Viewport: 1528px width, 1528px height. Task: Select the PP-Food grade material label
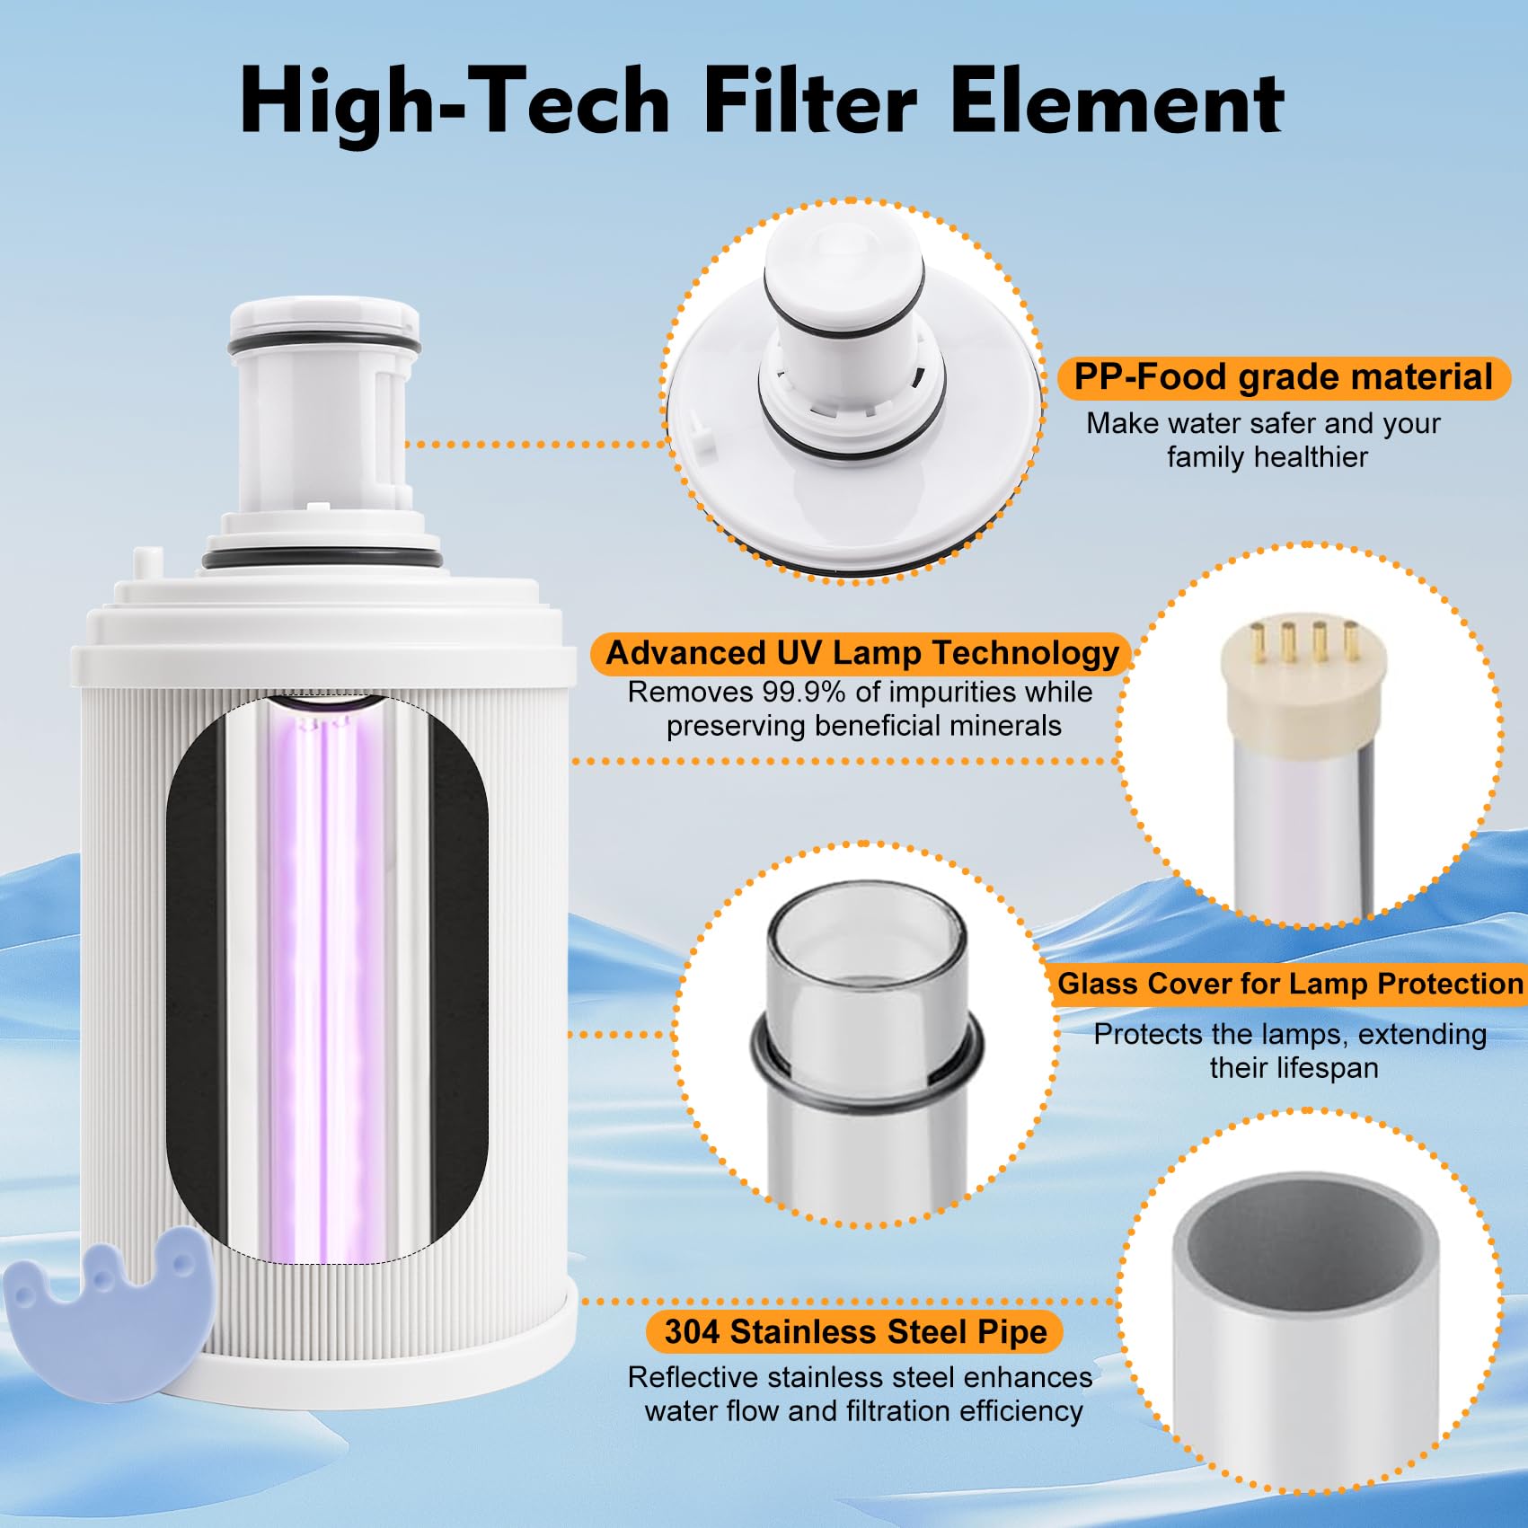[x=1283, y=377]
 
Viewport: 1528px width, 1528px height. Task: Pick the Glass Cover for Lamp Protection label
[x=1290, y=984]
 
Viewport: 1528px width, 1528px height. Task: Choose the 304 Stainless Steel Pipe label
[x=855, y=1331]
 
